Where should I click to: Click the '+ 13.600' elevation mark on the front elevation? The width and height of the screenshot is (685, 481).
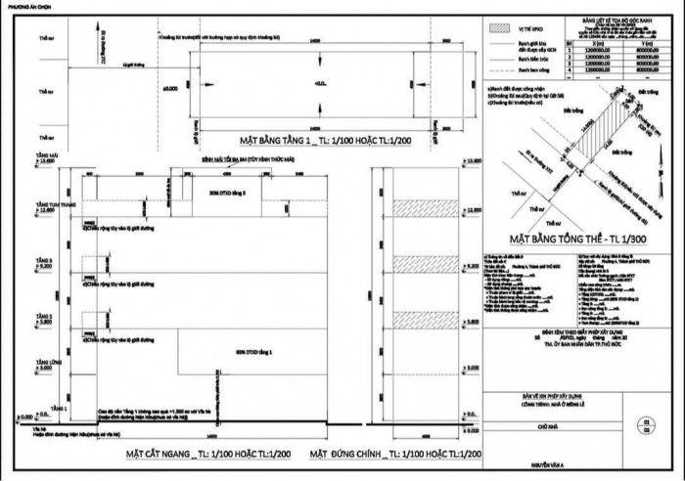click(474, 159)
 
